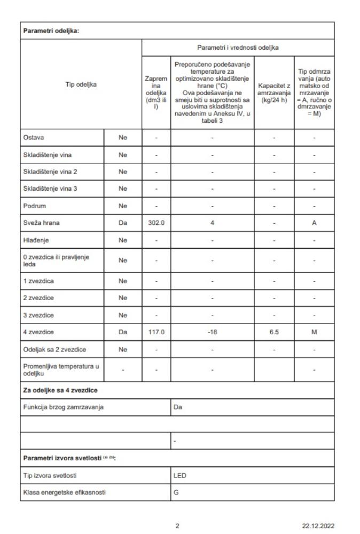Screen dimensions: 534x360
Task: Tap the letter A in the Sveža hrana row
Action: (x=314, y=224)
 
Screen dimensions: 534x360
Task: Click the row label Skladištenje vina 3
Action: (x=49, y=189)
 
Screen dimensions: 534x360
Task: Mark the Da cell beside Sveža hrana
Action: (x=122, y=224)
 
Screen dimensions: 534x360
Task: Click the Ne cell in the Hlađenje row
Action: (x=122, y=241)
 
